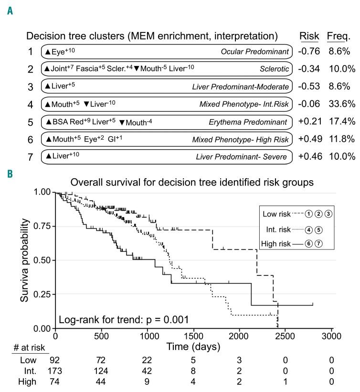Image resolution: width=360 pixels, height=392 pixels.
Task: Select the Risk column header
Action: point(309,36)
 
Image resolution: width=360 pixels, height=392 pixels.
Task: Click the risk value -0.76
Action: point(309,51)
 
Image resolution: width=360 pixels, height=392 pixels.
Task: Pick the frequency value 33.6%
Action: point(342,104)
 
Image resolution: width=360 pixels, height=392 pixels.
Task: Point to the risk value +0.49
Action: point(309,139)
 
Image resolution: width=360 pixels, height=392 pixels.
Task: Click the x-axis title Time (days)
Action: point(193,346)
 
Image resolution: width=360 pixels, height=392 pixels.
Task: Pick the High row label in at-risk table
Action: point(28,381)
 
